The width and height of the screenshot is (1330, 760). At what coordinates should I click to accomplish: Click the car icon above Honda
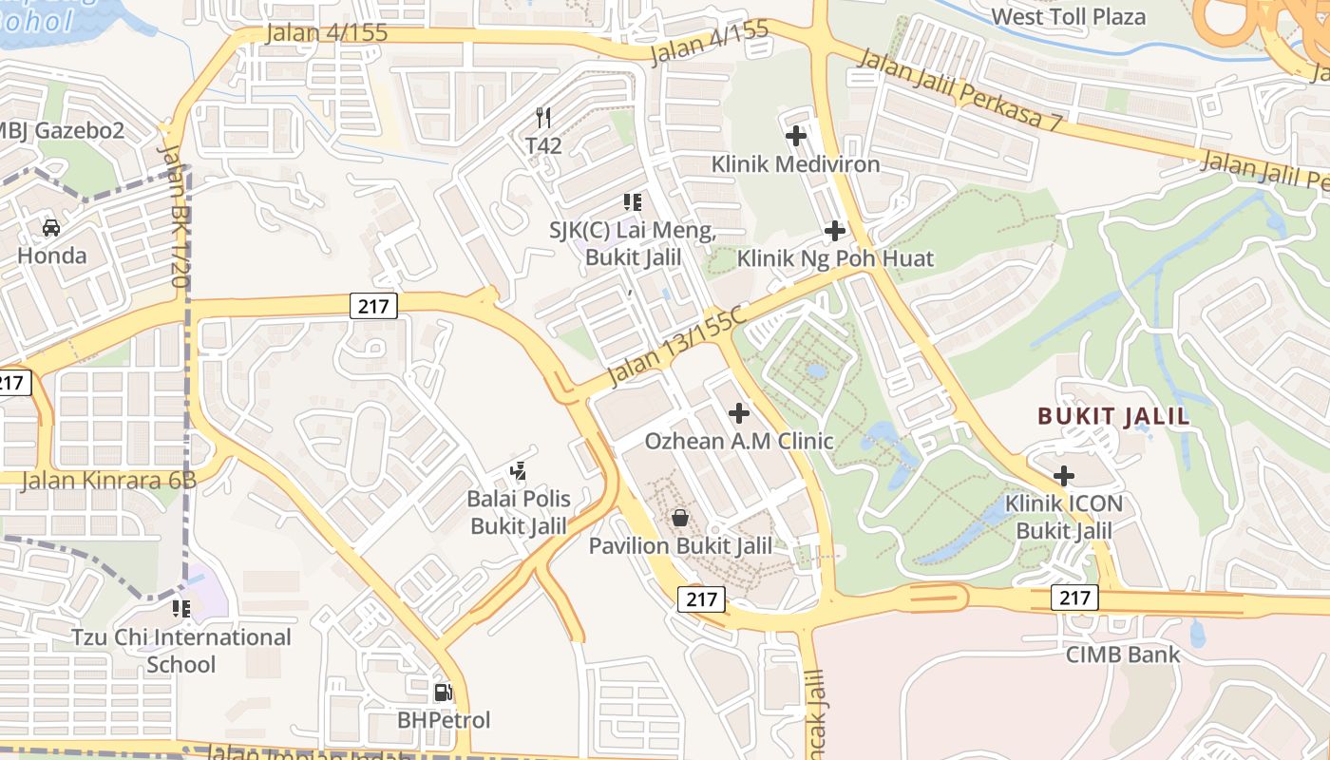click(51, 228)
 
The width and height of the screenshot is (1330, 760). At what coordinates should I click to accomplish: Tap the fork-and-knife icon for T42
click(543, 118)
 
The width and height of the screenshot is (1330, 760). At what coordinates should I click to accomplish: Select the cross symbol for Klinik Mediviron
click(796, 136)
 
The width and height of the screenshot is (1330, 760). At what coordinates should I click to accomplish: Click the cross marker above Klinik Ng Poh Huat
click(835, 230)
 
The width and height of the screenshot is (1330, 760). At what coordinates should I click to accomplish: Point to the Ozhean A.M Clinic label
click(739, 441)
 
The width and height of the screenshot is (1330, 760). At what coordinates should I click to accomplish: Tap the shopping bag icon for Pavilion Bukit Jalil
click(680, 518)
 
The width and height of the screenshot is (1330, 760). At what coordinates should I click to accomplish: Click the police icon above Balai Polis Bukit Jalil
click(518, 470)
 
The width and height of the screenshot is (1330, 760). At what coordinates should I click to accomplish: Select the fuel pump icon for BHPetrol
click(443, 693)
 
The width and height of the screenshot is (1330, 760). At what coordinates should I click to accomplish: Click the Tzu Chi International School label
click(181, 650)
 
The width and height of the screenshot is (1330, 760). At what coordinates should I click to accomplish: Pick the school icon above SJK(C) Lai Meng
click(632, 202)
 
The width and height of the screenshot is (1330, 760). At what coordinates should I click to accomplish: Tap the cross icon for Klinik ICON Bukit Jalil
click(1064, 475)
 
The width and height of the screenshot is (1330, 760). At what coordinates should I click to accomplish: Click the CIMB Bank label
click(1123, 655)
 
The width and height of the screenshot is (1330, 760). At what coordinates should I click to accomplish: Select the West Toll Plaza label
click(1068, 16)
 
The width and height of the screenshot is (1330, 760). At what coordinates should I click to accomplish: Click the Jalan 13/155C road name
click(676, 348)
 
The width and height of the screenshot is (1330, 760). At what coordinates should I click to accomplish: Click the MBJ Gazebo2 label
click(63, 130)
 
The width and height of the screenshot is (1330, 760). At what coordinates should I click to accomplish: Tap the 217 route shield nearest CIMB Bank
click(1074, 598)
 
